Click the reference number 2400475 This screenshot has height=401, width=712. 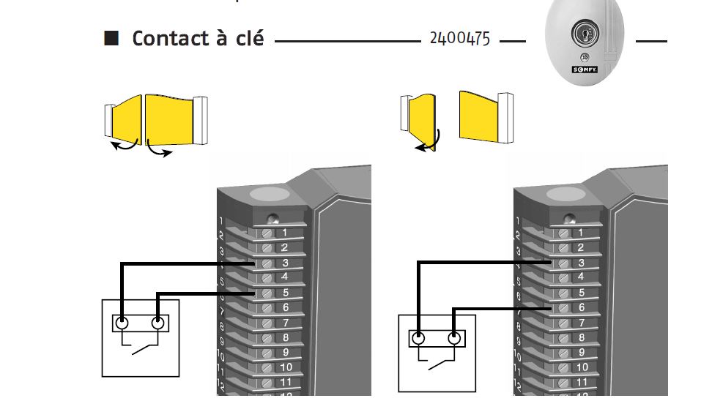pos(459,39)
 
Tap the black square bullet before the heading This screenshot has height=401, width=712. pos(111,38)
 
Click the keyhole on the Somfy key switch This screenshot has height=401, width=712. pos(584,34)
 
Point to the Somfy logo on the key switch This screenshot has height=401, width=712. pos(585,69)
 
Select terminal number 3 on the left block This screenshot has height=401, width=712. pos(284,262)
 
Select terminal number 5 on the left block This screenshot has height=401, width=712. pos(284,292)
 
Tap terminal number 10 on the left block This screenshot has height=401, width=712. pos(285,367)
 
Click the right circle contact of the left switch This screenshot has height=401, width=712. pos(157,323)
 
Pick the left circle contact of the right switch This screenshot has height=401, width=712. pos(418,338)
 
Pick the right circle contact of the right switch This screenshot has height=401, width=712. pos(454,338)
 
